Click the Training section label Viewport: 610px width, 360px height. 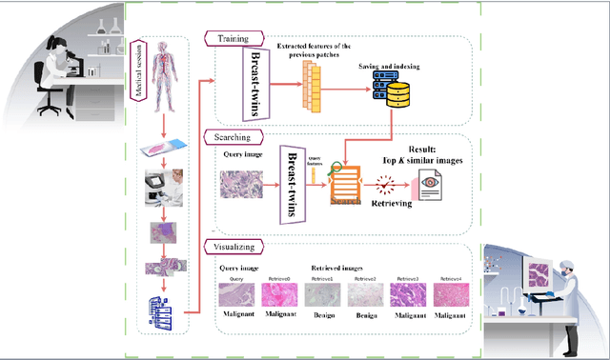[229, 40]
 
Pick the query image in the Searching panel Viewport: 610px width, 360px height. [243, 184]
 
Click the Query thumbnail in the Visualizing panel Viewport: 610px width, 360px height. [235, 294]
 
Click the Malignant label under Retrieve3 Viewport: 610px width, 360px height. [408, 313]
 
